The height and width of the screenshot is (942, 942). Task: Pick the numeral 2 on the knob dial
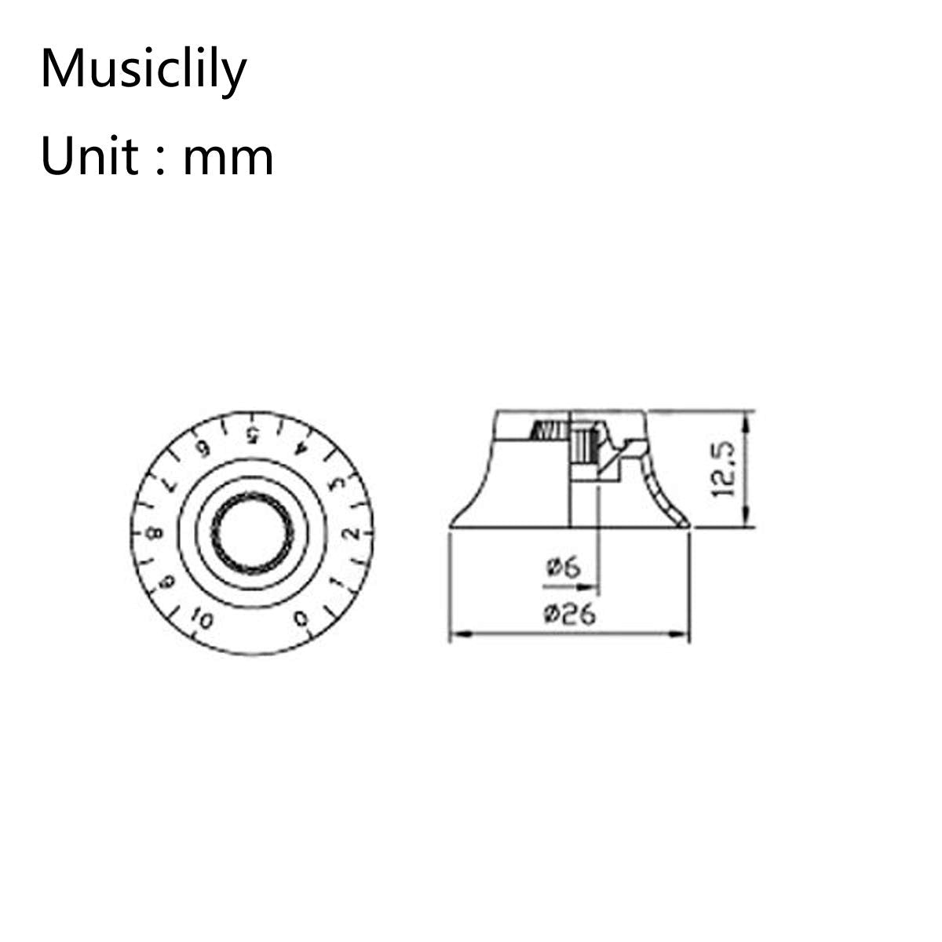pos(352,533)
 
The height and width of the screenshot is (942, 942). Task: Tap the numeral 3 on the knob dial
pos(336,483)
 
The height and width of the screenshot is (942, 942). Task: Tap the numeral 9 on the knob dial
pos(168,582)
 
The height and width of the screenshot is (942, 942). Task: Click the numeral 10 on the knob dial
pos(202,620)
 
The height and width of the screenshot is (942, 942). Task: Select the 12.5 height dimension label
pos(722,469)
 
